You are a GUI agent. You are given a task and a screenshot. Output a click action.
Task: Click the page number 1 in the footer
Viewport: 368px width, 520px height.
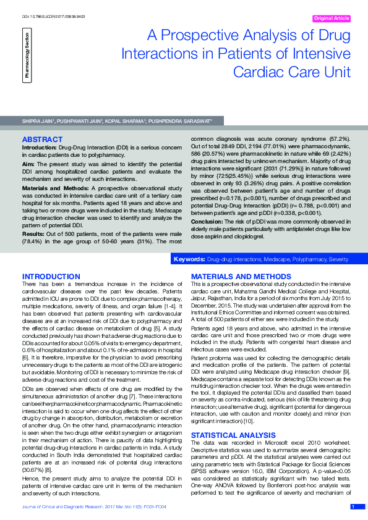[x=353, y=507]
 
